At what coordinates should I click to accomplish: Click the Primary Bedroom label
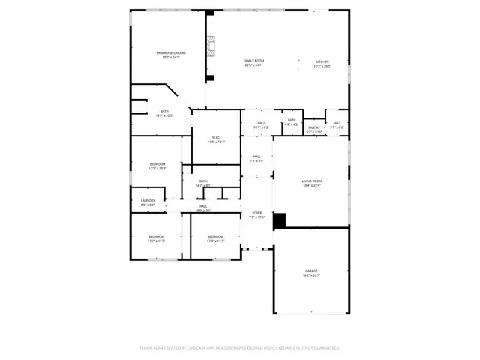[171, 52]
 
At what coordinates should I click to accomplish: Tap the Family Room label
[253, 61]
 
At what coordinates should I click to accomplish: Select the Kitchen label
[322, 61]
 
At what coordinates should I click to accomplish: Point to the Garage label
[311, 271]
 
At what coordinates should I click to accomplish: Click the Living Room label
[312, 181]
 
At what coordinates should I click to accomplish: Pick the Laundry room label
[148, 200]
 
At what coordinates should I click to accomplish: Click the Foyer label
[256, 213]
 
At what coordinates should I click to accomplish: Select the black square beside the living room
[280, 221]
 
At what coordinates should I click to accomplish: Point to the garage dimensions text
[311, 276]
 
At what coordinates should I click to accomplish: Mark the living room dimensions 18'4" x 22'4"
[312, 186]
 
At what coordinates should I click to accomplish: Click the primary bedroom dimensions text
[171, 58]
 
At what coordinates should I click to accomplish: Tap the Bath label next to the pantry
[292, 120]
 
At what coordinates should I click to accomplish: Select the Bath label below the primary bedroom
[163, 112]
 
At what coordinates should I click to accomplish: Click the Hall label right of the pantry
[337, 123]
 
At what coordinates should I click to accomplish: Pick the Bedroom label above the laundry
[157, 163]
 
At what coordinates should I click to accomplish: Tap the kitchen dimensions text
[322, 66]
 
